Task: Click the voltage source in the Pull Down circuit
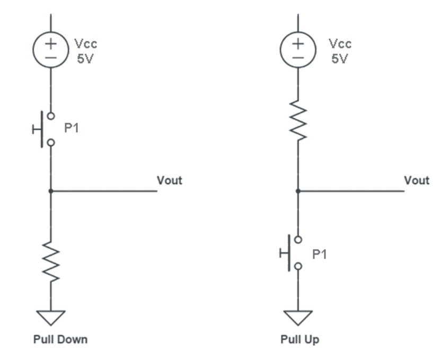tap(51, 50)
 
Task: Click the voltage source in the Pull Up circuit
tap(298, 50)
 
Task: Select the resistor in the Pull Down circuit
tap(51, 260)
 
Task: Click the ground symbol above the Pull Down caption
tap(51, 318)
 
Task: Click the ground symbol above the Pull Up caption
tap(298, 318)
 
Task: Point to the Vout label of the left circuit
tap(169, 180)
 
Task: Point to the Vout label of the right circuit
tap(417, 180)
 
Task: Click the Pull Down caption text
tap(60, 339)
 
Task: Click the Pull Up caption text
tap(300, 339)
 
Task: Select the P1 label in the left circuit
tap(72, 128)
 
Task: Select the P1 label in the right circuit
tap(319, 254)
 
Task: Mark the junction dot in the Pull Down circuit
tap(51, 191)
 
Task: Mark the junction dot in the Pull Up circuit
tap(298, 191)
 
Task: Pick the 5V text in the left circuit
tap(85, 59)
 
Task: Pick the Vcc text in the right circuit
tap(339, 43)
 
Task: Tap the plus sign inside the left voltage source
tap(51, 43)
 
